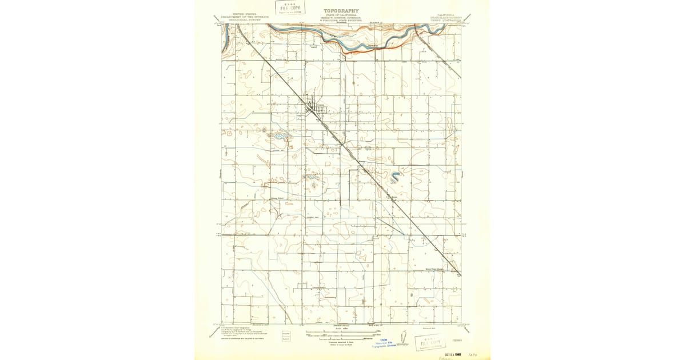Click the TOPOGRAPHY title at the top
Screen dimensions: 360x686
tap(341, 11)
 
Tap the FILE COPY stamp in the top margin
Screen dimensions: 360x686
tap(290, 7)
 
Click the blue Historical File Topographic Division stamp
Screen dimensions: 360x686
tap(384, 343)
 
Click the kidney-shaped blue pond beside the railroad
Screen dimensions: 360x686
tap(394, 177)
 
